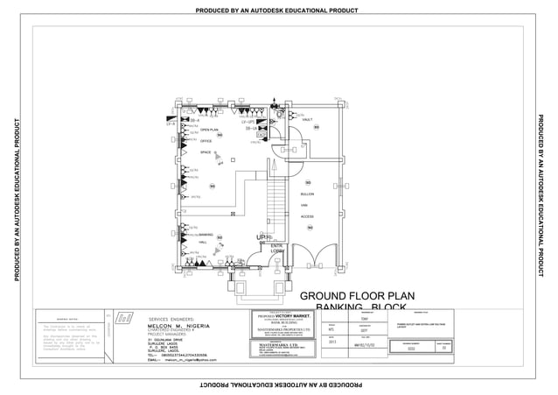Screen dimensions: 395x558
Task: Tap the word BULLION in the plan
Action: [306, 194]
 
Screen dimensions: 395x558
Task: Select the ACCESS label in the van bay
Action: [307, 216]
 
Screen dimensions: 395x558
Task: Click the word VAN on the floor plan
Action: [304, 205]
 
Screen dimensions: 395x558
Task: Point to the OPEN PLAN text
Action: [209, 130]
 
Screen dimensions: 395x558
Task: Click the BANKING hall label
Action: [206, 236]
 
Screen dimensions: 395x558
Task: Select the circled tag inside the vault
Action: [316, 127]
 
